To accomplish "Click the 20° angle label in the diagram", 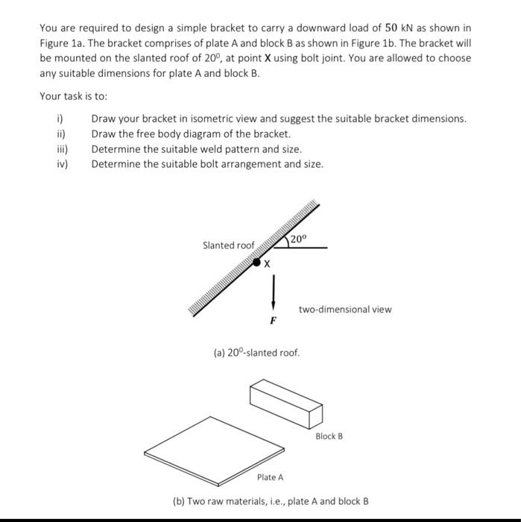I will point(298,239).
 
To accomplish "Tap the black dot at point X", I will point(257,262).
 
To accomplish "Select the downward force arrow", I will point(274,292).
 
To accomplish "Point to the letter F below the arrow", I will point(273,321).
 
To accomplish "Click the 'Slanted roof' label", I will point(228,245).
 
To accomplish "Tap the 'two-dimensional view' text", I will point(345,309).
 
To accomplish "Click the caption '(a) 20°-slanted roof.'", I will point(256,352).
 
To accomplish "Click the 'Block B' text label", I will point(329,435).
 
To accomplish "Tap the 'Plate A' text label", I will point(270,477).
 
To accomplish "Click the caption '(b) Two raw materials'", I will point(271,501).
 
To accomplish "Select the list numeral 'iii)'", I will point(63,149).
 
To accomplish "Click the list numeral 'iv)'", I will point(63,164).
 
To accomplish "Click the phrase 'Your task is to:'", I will point(74,96).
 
